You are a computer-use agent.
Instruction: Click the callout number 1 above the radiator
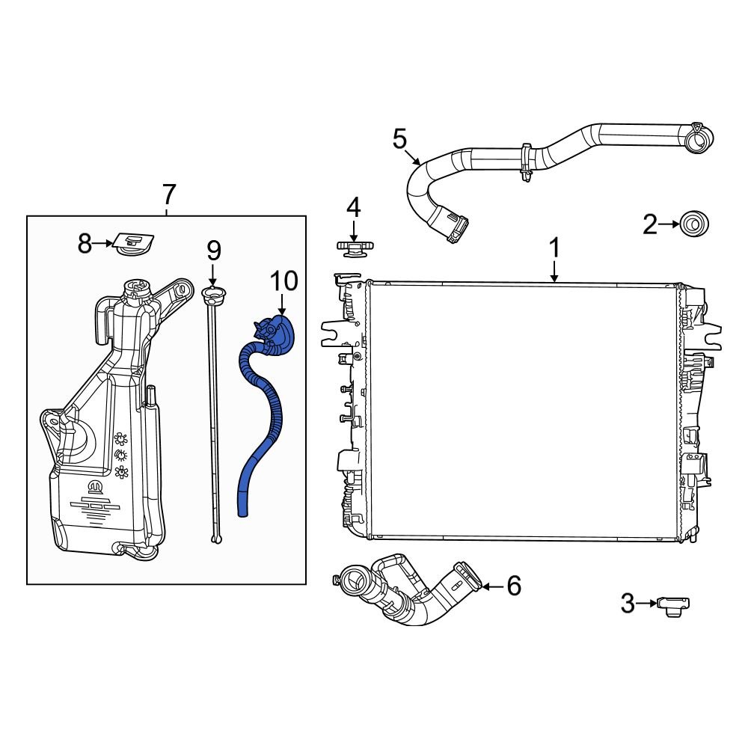point(554,248)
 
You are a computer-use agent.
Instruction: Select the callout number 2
point(650,224)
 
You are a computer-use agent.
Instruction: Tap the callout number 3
point(628,603)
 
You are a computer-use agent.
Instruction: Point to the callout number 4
point(352,207)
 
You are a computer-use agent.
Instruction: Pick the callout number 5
point(399,138)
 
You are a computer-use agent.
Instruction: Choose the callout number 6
point(513,586)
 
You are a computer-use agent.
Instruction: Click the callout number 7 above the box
point(168,195)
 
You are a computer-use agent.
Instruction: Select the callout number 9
point(214,250)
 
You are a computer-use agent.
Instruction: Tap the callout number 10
point(283,280)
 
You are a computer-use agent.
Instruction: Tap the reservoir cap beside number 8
point(135,244)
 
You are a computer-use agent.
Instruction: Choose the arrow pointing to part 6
point(490,586)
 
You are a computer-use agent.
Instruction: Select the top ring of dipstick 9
point(212,292)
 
